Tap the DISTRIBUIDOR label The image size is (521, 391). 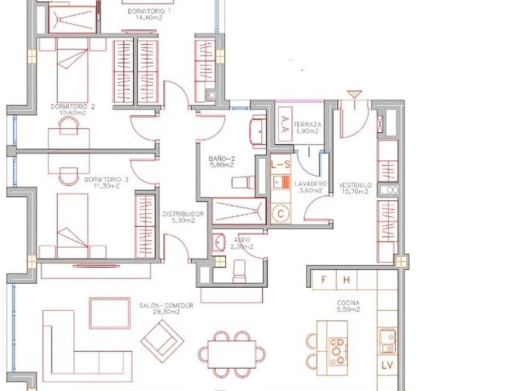(x=179, y=217)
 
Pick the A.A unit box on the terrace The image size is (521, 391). (x=284, y=127)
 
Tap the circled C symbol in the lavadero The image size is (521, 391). (x=280, y=213)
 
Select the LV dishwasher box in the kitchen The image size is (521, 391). (x=387, y=366)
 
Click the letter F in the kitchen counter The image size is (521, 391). (x=324, y=279)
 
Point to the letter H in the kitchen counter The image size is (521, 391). (x=346, y=279)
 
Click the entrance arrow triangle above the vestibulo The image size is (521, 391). (x=352, y=94)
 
